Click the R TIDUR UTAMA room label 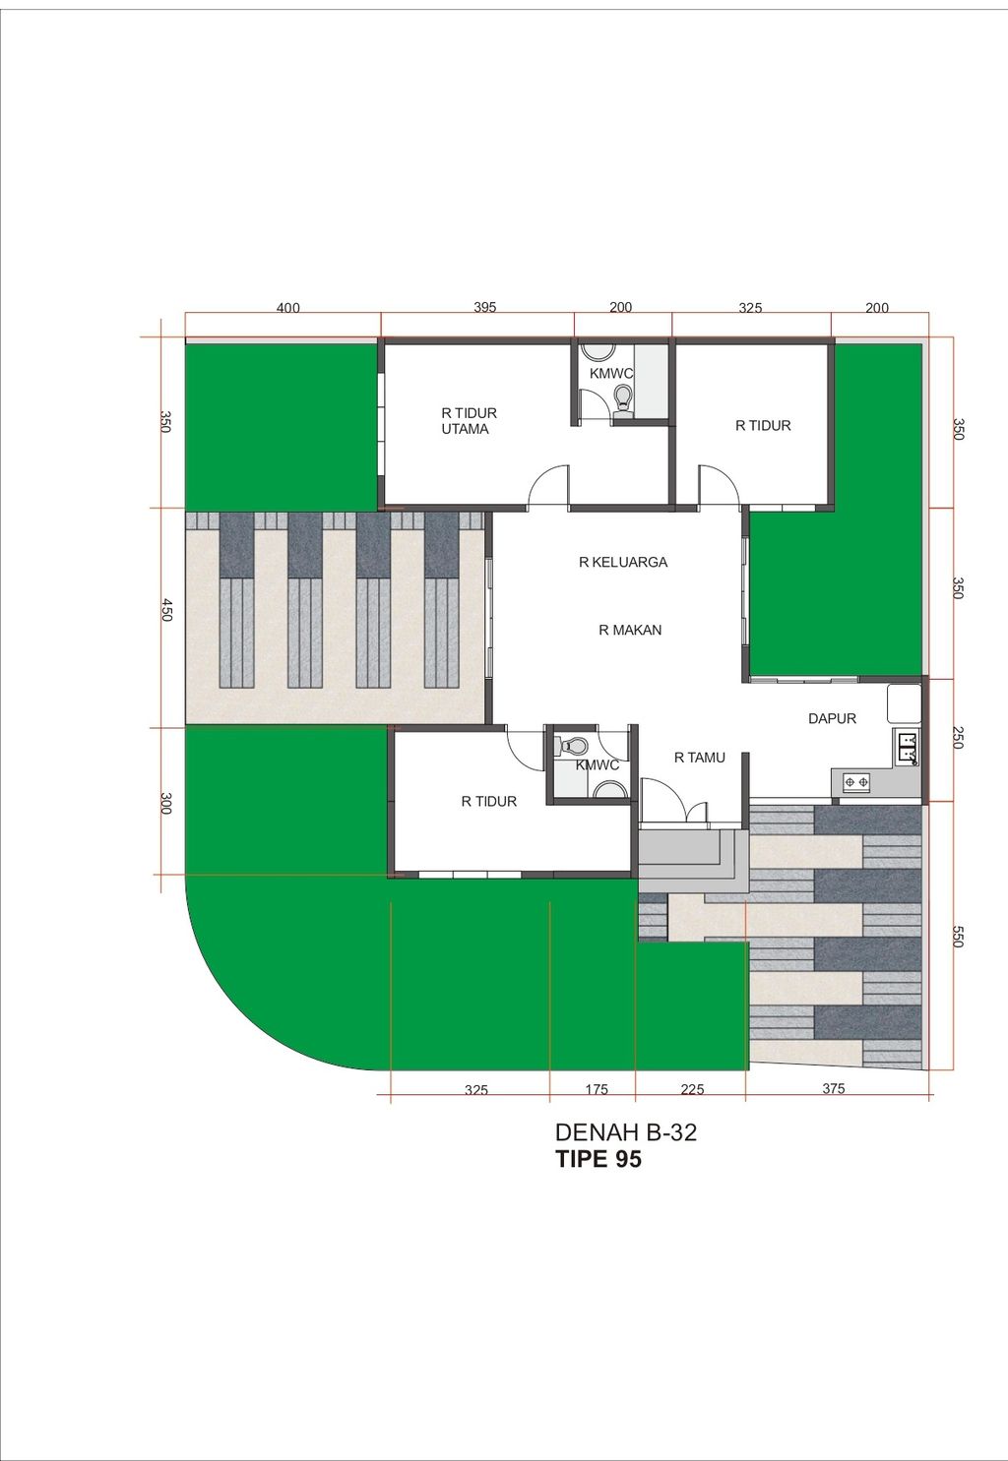469,421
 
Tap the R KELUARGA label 623,562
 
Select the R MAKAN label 630,630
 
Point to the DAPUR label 832,718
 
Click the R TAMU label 700,758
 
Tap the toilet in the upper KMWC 623,397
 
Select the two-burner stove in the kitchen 855,781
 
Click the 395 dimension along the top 484,307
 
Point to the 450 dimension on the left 166,610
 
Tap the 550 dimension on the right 958,936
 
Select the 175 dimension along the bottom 597,1089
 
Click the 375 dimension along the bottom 833,1088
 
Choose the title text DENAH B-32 626,1132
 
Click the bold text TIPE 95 598,1158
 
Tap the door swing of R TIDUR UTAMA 548,485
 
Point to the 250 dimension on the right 958,737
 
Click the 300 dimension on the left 166,803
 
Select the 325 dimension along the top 750,308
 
